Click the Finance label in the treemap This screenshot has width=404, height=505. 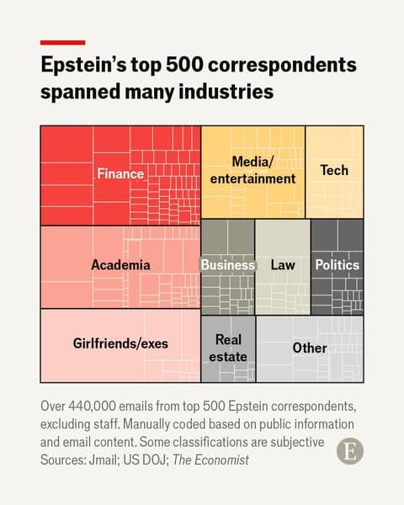[x=120, y=174]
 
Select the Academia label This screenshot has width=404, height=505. [x=120, y=265]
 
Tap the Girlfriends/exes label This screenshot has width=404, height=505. [x=120, y=343]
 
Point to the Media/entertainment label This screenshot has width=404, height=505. [x=252, y=170]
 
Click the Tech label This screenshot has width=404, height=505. [x=334, y=170]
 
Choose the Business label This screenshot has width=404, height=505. [x=227, y=265]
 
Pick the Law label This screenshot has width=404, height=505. [x=283, y=265]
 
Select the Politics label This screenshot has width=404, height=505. [x=337, y=265]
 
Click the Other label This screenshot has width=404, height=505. [x=310, y=348]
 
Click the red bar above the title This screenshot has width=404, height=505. [x=62, y=42]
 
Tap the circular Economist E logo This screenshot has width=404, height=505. [x=350, y=450]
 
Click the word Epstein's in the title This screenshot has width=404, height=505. [x=85, y=66]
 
